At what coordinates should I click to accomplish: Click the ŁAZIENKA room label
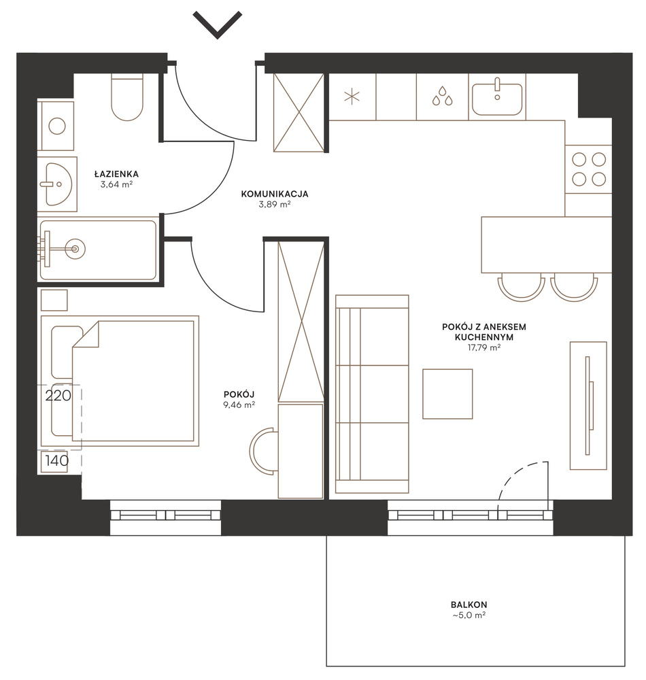coord(117,174)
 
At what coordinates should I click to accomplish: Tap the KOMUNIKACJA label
coord(275,194)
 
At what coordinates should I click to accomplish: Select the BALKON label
coord(469,605)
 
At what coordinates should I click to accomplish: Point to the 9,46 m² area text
coord(239,405)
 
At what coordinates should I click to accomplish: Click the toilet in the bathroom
coord(127,97)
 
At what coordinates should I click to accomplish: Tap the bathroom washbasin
coord(58,184)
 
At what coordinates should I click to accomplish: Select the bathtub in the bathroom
coord(98,250)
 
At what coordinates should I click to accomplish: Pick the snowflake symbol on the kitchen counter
coord(352,97)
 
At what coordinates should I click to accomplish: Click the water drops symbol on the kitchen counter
coord(442,96)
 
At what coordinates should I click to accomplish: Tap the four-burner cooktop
coord(589,169)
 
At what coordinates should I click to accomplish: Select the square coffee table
coord(447,394)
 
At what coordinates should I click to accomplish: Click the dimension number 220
coord(58,396)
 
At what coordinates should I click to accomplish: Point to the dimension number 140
coord(57,460)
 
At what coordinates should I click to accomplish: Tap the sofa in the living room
coord(372,394)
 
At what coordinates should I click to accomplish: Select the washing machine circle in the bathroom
coord(57,126)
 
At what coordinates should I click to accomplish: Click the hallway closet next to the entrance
coord(299,113)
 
